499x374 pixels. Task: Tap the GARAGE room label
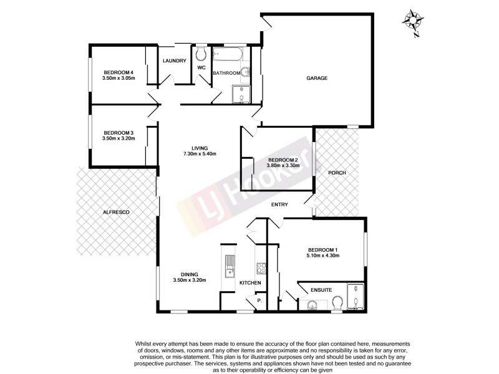pos(317,78)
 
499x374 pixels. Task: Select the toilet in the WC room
pos(201,53)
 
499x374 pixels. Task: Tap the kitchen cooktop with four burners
pos(261,269)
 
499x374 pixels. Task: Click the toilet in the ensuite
pos(337,304)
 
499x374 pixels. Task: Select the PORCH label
pos(337,173)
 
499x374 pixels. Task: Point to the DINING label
pos(190,274)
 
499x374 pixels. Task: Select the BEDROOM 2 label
pos(283,160)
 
